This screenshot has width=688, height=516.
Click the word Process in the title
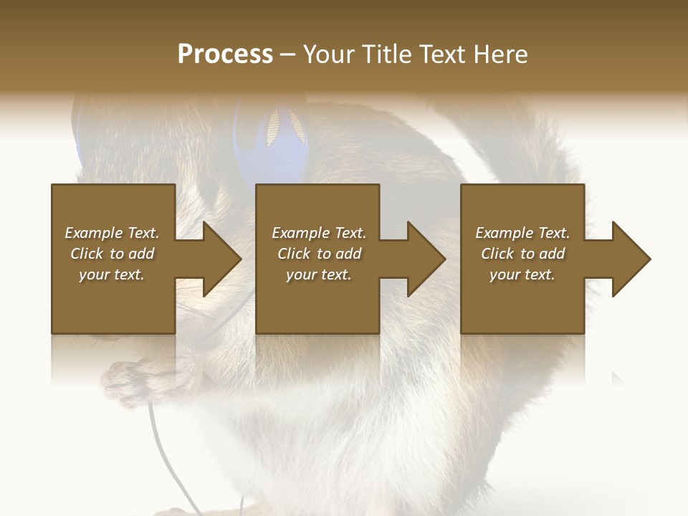click(225, 54)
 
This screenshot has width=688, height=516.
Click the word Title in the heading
click(386, 54)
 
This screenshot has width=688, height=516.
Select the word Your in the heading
click(330, 54)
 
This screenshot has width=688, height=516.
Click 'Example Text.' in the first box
click(112, 233)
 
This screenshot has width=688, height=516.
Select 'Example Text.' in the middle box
click(318, 233)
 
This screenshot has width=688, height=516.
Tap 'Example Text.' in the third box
click(522, 233)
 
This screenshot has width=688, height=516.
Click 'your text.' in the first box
click(112, 274)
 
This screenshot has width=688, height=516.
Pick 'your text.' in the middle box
click(318, 274)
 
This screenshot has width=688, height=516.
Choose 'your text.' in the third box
click(522, 274)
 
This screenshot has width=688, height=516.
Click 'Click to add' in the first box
click(112, 254)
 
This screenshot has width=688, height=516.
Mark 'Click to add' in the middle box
click(318, 254)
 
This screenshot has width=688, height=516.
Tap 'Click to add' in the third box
click(522, 254)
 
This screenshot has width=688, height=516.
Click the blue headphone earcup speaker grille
click(274, 127)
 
